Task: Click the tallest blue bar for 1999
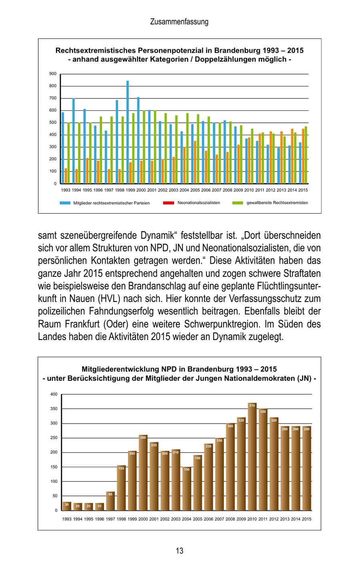pyautogui.click(x=128, y=132)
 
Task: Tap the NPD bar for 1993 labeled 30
pyautogui.click(x=67, y=506)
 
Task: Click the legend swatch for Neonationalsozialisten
pyautogui.click(x=168, y=203)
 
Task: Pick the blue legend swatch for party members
pyautogui.click(x=65, y=203)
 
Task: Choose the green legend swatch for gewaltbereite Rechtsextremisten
pyautogui.click(x=238, y=203)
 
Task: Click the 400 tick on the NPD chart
pyautogui.click(x=54, y=394)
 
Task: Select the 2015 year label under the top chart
pyautogui.click(x=303, y=190)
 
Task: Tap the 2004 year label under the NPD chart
pyautogui.click(x=186, y=519)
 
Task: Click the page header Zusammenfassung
pyautogui.click(x=179, y=22)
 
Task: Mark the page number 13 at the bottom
pyautogui.click(x=180, y=551)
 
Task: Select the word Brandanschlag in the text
pyautogui.click(x=154, y=286)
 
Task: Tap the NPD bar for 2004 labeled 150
pyautogui.click(x=186, y=489)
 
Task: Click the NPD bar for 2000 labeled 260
pyautogui.click(x=143, y=473)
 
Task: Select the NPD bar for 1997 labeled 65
pyautogui.click(x=110, y=501)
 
